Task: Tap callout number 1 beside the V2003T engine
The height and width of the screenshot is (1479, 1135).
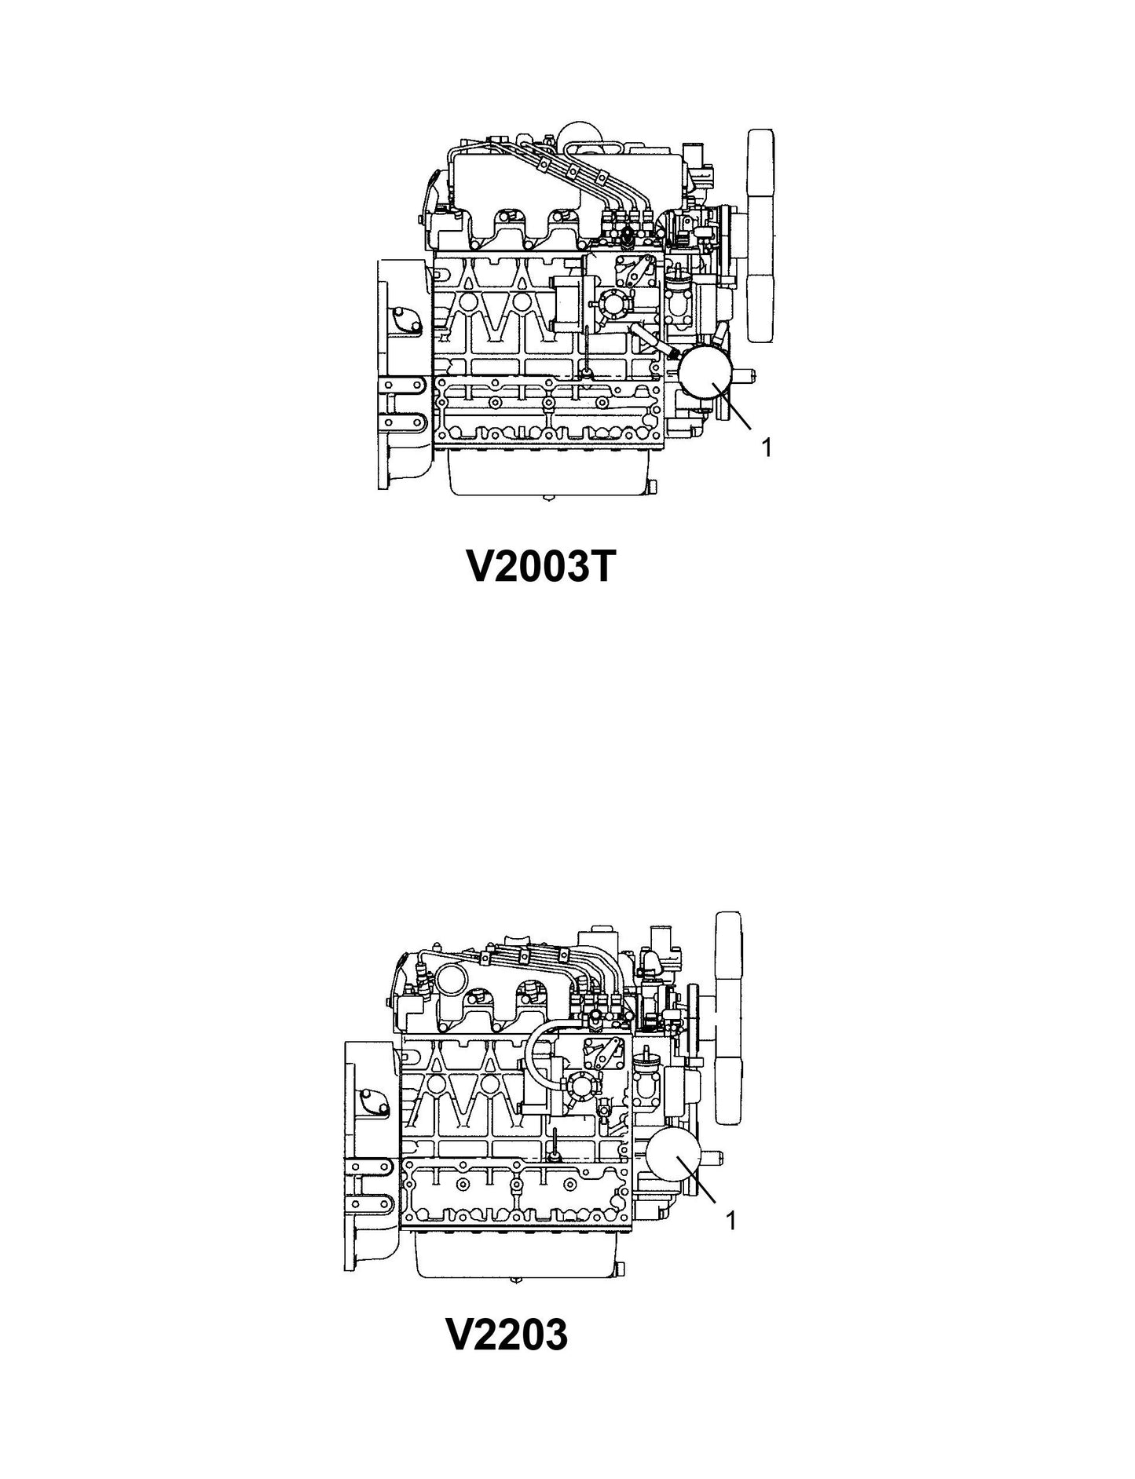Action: click(767, 447)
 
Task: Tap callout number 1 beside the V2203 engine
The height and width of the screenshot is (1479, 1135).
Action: click(731, 1221)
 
